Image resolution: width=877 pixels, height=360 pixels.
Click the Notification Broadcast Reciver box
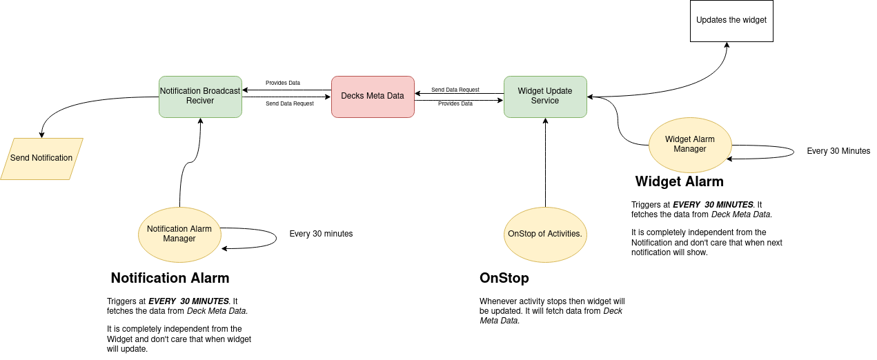(x=200, y=97)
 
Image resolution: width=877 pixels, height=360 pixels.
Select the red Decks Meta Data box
(x=373, y=97)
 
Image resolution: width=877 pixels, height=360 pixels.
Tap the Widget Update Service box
(x=545, y=97)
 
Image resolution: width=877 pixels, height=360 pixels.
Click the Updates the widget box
(x=731, y=21)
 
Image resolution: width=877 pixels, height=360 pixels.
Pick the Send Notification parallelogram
(x=41, y=159)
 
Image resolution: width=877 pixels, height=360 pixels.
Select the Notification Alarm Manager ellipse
(x=179, y=234)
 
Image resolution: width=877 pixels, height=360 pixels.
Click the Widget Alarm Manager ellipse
(x=690, y=145)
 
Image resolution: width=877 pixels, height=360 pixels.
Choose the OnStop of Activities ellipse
(x=545, y=234)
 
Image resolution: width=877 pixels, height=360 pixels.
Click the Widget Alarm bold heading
(x=679, y=182)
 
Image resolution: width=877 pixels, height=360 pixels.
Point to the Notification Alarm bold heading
(x=170, y=279)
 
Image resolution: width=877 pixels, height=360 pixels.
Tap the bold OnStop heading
(x=504, y=279)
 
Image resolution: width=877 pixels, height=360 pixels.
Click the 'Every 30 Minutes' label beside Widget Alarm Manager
(x=838, y=151)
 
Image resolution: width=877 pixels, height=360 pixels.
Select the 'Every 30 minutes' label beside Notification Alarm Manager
(x=321, y=234)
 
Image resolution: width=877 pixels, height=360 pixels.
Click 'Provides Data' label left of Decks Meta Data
(x=283, y=83)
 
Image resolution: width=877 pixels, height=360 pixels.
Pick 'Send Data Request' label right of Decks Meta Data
(x=455, y=90)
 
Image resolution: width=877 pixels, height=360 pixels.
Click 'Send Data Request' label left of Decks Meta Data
(x=290, y=103)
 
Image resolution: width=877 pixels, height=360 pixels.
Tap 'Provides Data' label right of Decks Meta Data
(x=455, y=103)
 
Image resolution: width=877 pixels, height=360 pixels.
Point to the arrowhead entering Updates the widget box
(x=727, y=46)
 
